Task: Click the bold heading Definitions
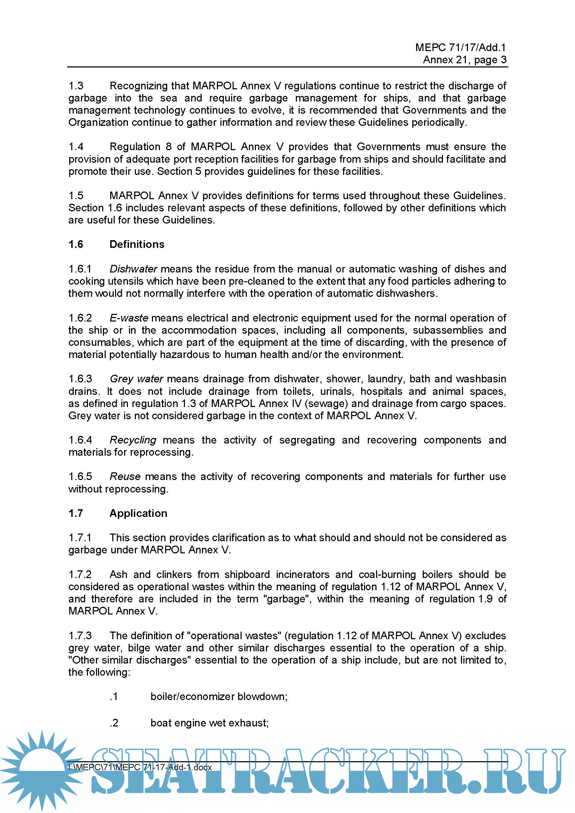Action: [137, 244]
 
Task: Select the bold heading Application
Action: [138, 513]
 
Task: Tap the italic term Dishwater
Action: [133, 269]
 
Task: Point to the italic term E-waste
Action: [129, 318]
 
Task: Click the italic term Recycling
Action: [133, 440]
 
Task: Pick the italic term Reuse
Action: [125, 476]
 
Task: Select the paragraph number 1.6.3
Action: [80, 379]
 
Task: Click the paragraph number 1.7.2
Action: [80, 574]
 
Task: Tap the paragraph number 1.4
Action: [76, 146]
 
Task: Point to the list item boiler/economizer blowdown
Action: [219, 696]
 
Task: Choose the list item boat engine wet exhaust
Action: [209, 722]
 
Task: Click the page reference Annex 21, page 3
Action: [464, 59]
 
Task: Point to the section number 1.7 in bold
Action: [76, 513]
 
